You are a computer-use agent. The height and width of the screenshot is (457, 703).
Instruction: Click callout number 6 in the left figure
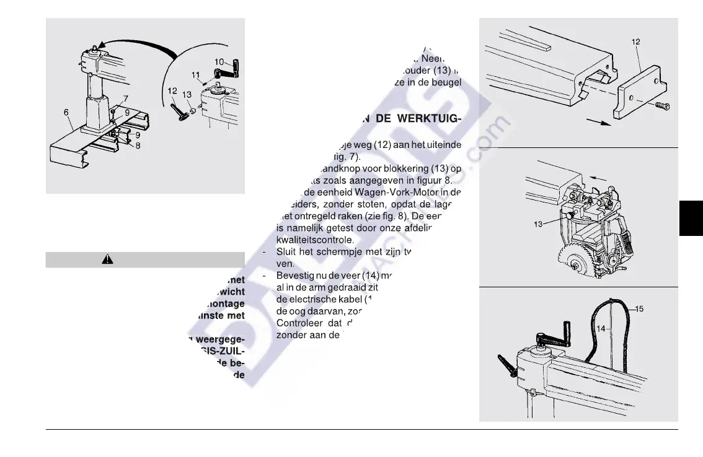[x=66, y=112]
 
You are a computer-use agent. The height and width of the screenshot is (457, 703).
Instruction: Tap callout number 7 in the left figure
[x=125, y=98]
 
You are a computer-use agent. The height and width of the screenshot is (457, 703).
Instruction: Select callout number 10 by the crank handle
[x=219, y=62]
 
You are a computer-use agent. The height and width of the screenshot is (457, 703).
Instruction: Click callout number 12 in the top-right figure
[x=635, y=42]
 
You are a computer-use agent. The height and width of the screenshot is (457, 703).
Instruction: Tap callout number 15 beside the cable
[x=640, y=308]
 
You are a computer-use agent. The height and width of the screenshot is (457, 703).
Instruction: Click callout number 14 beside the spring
[x=601, y=329]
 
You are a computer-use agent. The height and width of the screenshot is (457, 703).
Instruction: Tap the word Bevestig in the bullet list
[x=295, y=275]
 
